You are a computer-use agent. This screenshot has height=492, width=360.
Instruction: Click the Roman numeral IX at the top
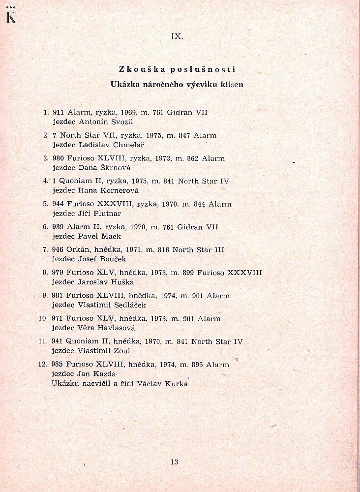(177, 36)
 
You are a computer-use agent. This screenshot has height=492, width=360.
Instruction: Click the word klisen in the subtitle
(232, 84)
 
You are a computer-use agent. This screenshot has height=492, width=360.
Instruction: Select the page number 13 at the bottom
(174, 461)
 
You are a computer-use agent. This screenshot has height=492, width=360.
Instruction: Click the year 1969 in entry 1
(129, 113)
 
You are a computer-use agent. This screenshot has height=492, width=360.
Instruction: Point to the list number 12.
(42, 365)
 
